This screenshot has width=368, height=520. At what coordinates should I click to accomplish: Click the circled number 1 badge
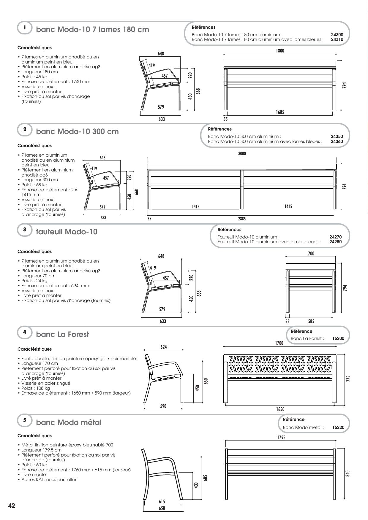pyautogui.click(x=25, y=28)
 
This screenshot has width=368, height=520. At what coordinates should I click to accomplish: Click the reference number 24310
pyautogui.click(x=337, y=39)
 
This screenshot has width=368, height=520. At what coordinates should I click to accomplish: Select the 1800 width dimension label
pyautogui.click(x=280, y=51)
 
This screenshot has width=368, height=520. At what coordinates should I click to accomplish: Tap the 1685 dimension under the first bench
pyautogui.click(x=280, y=112)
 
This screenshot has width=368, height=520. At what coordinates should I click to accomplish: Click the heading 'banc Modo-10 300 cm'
pyautogui.click(x=77, y=131)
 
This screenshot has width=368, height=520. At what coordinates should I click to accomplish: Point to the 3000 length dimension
pyautogui.click(x=242, y=154)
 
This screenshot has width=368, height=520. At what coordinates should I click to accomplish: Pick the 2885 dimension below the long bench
pyautogui.click(x=242, y=219)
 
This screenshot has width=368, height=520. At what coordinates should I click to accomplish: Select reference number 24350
pyautogui.click(x=337, y=136)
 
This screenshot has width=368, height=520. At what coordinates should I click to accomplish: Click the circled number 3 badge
pyautogui.click(x=25, y=230)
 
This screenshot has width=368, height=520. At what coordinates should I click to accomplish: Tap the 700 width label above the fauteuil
pyautogui.click(x=311, y=254)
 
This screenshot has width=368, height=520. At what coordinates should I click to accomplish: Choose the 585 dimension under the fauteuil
pyautogui.click(x=311, y=321)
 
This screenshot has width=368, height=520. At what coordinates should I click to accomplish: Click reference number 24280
pyautogui.click(x=335, y=242)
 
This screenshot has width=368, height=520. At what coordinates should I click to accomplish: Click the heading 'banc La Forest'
pyautogui.click(x=62, y=334)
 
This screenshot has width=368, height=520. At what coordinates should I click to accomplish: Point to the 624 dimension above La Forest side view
pyautogui.click(x=164, y=347)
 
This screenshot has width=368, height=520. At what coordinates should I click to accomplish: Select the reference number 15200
pyautogui.click(x=338, y=338)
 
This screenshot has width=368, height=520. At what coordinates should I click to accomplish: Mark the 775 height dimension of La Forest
pyautogui.click(x=349, y=379)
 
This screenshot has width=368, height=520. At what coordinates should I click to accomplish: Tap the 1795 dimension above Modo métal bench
pyautogui.click(x=281, y=438)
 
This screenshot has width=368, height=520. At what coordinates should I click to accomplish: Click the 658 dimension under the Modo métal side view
pyautogui.click(x=162, y=508)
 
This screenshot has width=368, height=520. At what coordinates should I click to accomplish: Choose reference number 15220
pyautogui.click(x=338, y=427)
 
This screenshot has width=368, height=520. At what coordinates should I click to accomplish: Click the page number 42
pyautogui.click(x=12, y=506)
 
